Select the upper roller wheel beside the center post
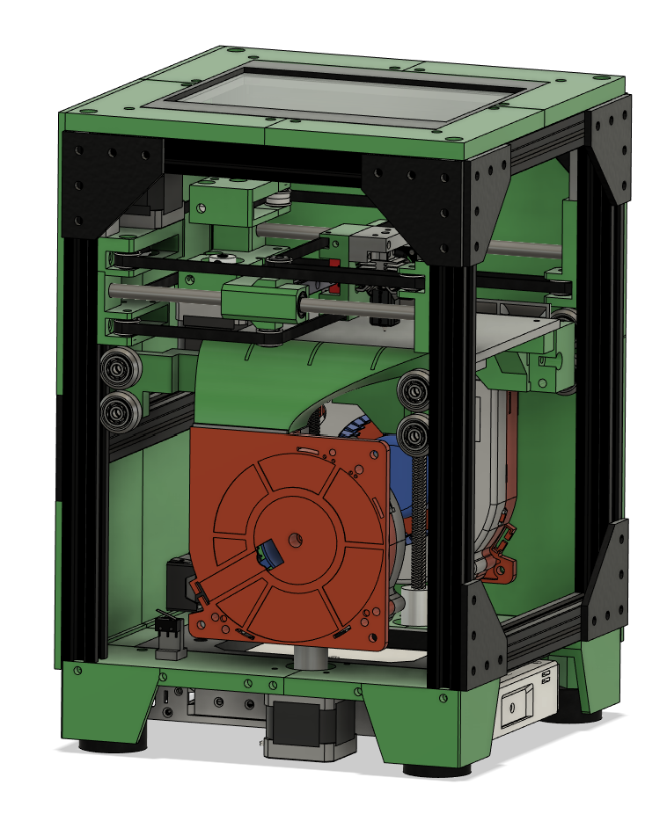(413, 389)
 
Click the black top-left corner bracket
(110, 182)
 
